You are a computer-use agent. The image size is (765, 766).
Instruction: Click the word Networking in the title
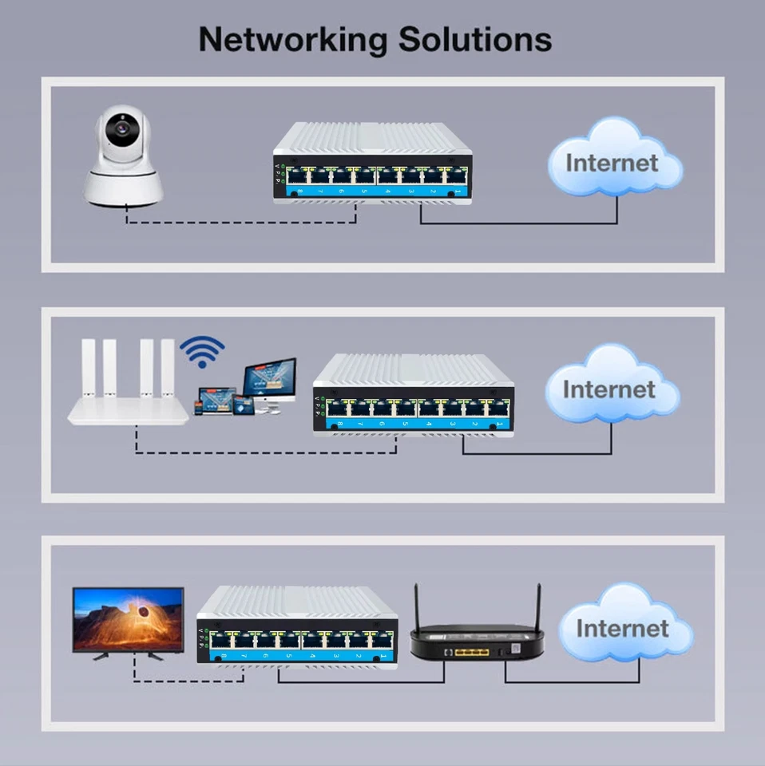click(292, 39)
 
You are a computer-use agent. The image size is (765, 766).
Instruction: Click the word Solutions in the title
click(475, 39)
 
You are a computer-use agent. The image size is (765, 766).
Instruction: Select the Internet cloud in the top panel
click(613, 162)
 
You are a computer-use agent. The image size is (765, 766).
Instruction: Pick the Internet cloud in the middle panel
click(610, 389)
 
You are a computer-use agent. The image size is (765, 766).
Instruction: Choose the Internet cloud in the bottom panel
click(624, 627)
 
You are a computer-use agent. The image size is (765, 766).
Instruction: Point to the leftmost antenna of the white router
click(88, 368)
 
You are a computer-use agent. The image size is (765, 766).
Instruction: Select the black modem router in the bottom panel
click(477, 642)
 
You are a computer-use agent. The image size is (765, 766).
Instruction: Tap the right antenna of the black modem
click(537, 606)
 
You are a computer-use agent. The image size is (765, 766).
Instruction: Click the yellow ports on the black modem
click(472, 652)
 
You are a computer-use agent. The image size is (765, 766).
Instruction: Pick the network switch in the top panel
click(372, 164)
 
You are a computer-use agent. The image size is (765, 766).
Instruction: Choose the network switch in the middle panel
click(413, 394)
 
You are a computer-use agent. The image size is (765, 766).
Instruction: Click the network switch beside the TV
click(296, 626)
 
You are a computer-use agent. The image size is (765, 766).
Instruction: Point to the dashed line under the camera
click(240, 222)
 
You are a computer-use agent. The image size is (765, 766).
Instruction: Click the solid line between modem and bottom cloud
click(571, 682)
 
